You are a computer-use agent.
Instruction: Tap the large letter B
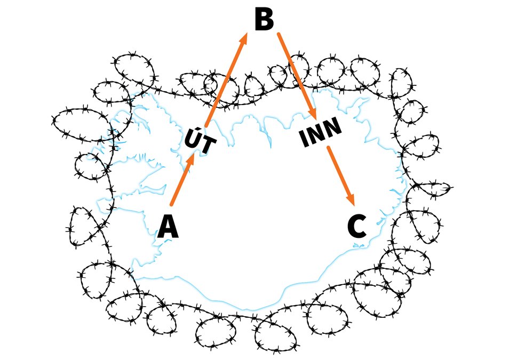(x=264, y=21)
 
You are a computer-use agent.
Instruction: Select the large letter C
(x=356, y=227)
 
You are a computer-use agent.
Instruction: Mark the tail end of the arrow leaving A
(x=171, y=204)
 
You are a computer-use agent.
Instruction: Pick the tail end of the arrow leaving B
(x=278, y=35)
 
